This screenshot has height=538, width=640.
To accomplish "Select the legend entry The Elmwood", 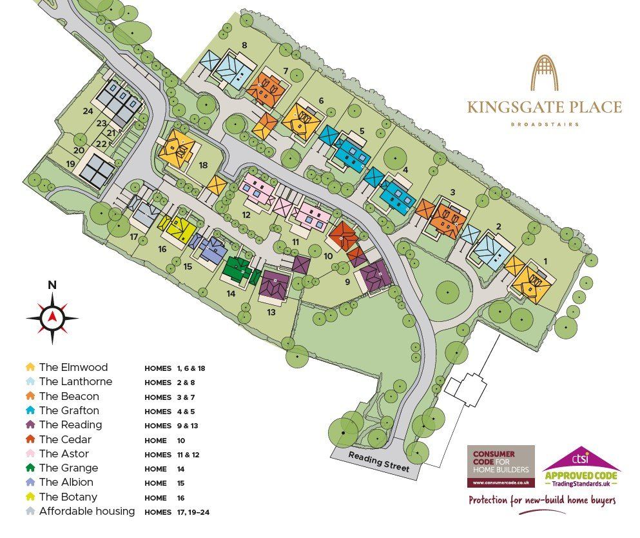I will click(x=73, y=368).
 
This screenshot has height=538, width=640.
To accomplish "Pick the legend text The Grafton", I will click(x=69, y=410).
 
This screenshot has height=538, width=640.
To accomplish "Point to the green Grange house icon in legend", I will click(x=30, y=468).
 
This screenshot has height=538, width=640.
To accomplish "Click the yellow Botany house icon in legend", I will click(x=30, y=497).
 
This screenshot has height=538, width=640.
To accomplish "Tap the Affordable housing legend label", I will click(x=87, y=511).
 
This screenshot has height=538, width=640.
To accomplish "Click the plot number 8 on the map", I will click(x=244, y=45).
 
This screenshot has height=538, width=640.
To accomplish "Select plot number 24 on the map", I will click(x=88, y=111).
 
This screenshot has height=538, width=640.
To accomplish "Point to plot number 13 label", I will click(x=271, y=312).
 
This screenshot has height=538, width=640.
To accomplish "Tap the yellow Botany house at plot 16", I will click(x=178, y=228).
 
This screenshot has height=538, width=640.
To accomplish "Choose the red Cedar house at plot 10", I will click(x=343, y=235).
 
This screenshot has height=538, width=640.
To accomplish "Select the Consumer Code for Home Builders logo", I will click(x=500, y=465).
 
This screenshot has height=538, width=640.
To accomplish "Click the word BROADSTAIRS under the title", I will click(x=545, y=124).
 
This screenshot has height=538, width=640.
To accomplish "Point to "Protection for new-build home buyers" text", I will click(x=541, y=501).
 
